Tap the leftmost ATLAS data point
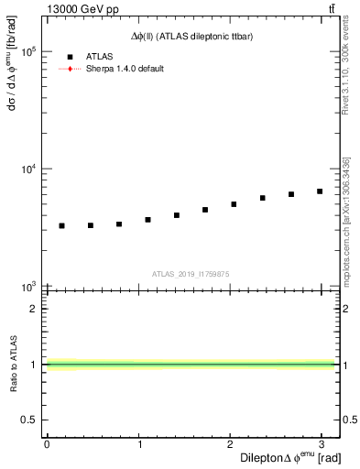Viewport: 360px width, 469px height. coord(61,225)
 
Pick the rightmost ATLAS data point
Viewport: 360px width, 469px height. coord(320,191)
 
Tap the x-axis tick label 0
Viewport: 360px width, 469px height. coord(47,443)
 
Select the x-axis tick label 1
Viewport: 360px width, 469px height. coord(139,443)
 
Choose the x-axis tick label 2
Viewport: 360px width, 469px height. coord(231,443)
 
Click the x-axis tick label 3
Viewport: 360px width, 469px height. coord(322,443)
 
